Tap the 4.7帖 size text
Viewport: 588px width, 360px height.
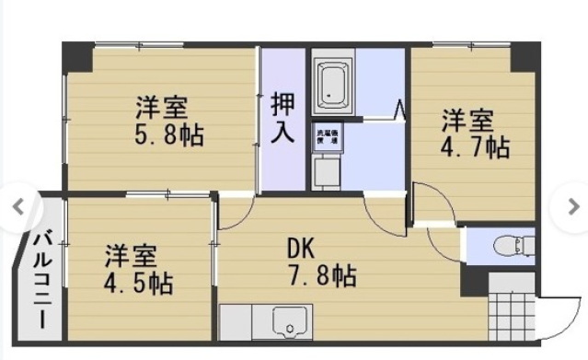click(475, 146)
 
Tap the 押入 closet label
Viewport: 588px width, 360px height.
click(282, 117)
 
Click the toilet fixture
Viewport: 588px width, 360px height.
click(508, 246)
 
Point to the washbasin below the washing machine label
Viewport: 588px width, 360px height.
click(325, 171)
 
